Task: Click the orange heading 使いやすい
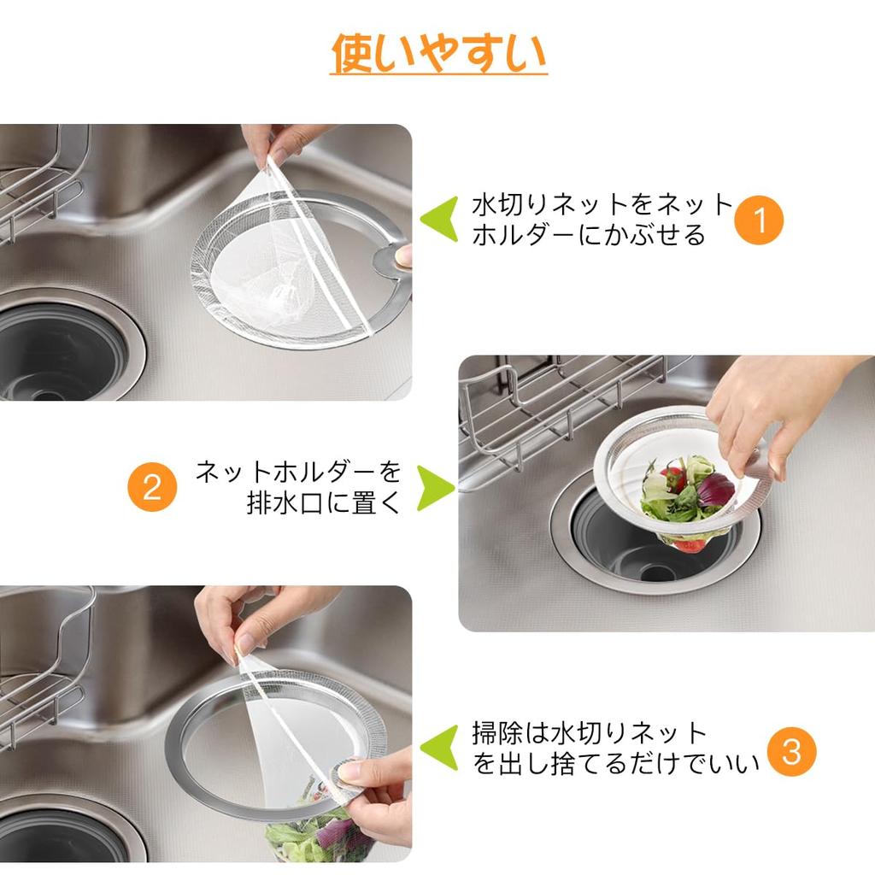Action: (438, 54)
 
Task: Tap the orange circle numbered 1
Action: (759, 220)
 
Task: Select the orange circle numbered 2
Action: (152, 487)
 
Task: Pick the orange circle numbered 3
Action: (791, 751)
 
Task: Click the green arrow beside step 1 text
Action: (441, 220)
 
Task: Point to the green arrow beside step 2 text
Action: (435, 487)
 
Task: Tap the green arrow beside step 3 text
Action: (441, 749)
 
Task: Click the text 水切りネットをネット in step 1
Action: (602, 205)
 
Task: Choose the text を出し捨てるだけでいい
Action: (615, 764)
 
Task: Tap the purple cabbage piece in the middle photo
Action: (715, 490)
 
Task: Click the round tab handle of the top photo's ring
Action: (392, 257)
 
